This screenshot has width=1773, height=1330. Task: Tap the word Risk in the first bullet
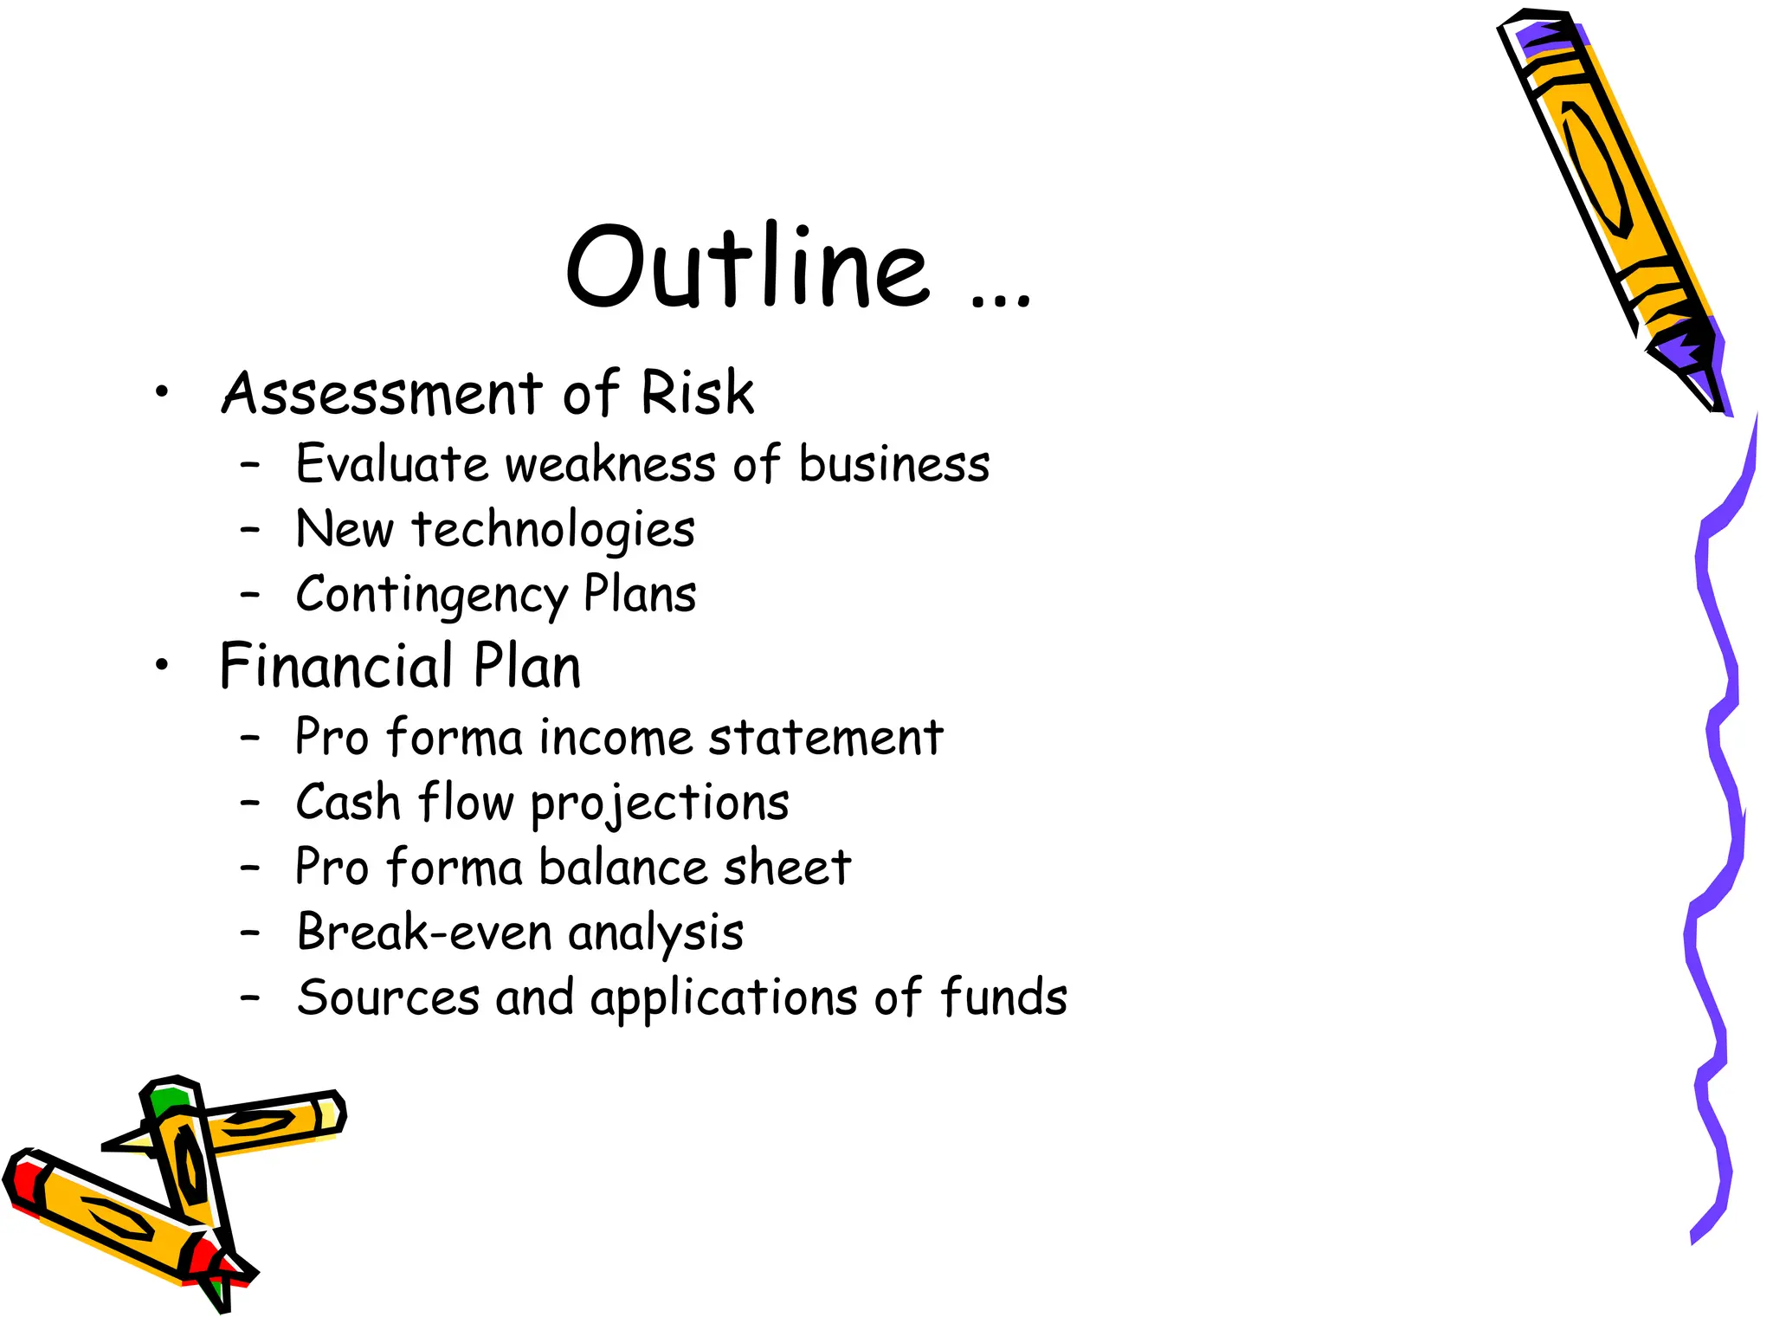point(697,393)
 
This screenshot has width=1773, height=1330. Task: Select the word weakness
point(610,464)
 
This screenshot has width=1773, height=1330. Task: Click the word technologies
point(553,530)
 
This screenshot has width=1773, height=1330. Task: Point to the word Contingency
point(431,596)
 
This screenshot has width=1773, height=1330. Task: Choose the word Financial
point(337,667)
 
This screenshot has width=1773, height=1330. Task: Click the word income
point(615,738)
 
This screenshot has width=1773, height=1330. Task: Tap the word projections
point(660,804)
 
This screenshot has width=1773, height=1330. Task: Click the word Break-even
point(424,933)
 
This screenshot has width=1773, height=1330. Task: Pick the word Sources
point(388,997)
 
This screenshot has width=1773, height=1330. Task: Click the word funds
point(1003,997)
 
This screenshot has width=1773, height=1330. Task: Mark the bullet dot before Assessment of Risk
point(162,393)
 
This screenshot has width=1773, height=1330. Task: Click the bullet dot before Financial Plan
point(162,666)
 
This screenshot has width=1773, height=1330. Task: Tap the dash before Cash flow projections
point(250,804)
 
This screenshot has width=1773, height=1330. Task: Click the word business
point(894,464)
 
